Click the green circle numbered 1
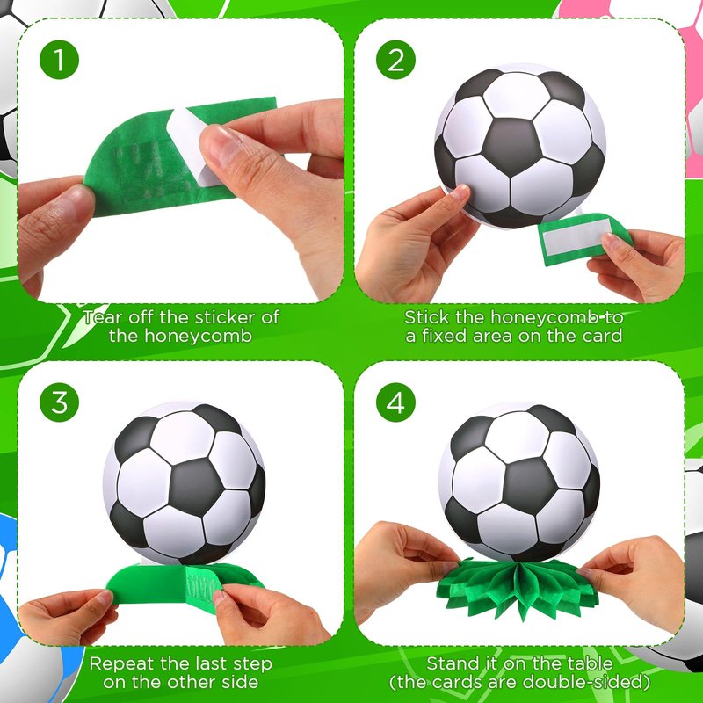59,60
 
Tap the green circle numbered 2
395,60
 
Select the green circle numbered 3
59,402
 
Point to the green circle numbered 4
395,402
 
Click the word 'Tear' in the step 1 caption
103,317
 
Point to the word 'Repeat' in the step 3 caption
118,663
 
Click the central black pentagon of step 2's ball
511,147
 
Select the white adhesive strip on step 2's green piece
577,236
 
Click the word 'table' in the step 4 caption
591,663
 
